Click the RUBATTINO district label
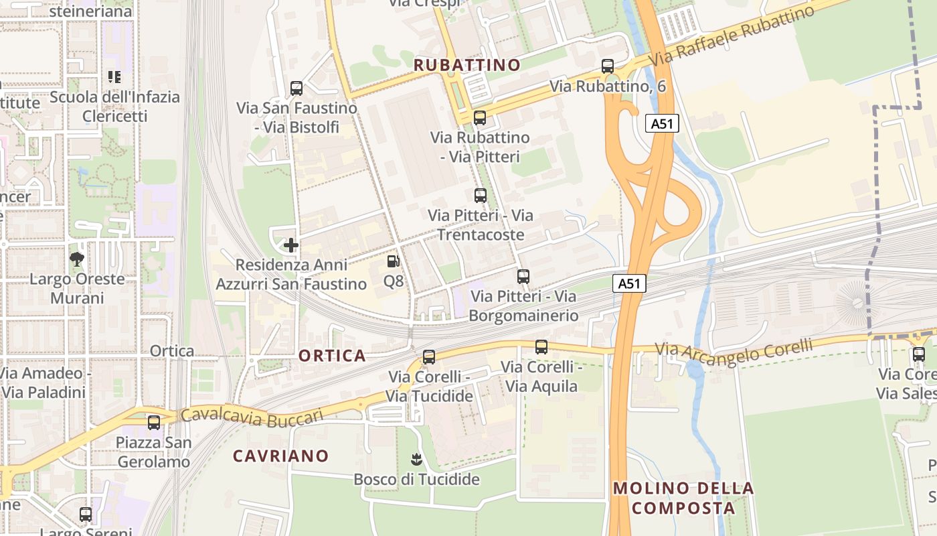click(466, 65)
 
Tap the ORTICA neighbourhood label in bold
click(332, 356)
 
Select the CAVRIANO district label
click(281, 456)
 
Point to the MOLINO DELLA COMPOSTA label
click(683, 498)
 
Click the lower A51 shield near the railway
click(629, 283)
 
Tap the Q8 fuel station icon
click(394, 261)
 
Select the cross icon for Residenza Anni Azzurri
click(291, 245)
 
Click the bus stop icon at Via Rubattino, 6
click(608, 66)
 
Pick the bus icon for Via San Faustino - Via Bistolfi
click(296, 88)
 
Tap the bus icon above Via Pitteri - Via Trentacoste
click(481, 196)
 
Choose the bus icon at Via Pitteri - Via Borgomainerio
click(523, 276)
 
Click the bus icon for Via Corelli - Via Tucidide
click(429, 357)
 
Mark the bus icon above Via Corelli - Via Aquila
click(541, 347)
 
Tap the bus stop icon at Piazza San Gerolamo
click(154, 423)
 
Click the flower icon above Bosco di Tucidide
click(416, 460)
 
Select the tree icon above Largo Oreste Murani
click(77, 259)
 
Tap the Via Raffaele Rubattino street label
click(733, 35)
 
